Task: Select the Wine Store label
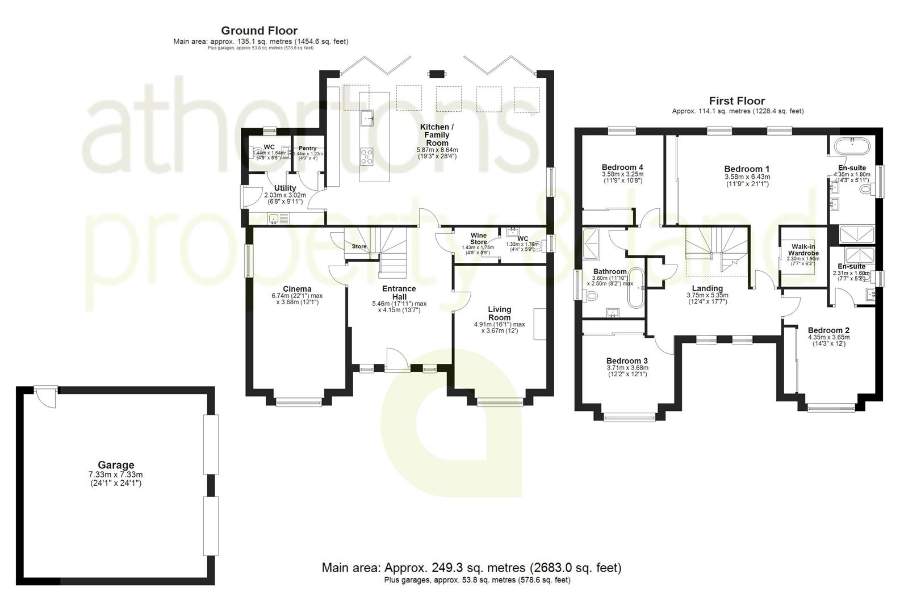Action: tap(478, 238)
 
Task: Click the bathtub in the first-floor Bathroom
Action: tap(634, 288)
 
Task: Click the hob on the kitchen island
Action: tap(367, 156)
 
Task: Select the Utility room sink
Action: tap(275, 219)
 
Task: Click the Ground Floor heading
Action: tap(259, 31)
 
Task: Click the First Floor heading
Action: tap(737, 101)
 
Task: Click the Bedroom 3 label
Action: tap(627, 361)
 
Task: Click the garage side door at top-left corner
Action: tap(45, 396)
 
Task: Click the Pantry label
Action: tap(308, 148)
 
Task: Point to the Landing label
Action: tap(707, 288)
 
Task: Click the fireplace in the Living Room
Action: tap(539, 325)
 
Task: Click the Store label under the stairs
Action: tap(359, 246)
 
